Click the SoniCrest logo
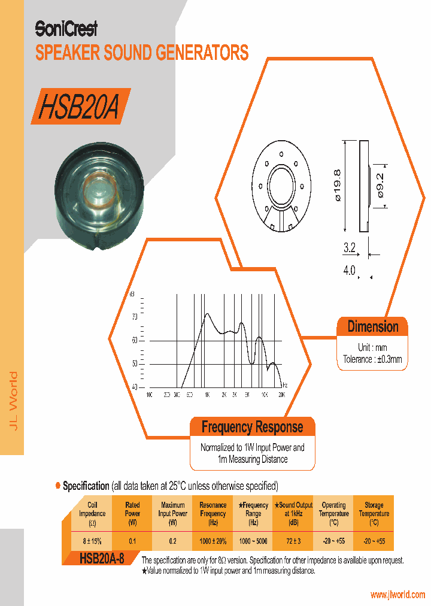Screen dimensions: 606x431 click(66, 28)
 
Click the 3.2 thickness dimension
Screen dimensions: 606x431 click(350, 247)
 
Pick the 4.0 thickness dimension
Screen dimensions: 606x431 click(349, 271)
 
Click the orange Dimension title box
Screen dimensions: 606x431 click(372, 327)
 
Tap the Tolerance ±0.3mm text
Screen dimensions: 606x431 click(372, 359)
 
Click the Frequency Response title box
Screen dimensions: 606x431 click(252, 427)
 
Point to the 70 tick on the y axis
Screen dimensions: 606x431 click(134, 316)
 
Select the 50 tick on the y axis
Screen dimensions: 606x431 click(134, 364)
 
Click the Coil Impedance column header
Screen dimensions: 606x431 click(92, 513)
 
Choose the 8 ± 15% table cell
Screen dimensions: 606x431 click(92, 541)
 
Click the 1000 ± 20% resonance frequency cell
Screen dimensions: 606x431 click(213, 541)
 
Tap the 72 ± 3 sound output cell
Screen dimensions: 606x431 click(293, 541)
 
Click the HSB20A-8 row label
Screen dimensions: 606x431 click(102, 559)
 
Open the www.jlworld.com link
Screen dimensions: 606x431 click(397, 595)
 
